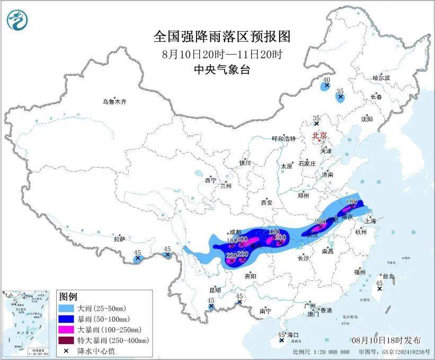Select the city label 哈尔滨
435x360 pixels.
[x=381, y=78]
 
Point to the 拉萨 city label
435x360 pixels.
[x=119, y=239]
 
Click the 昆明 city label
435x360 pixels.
[x=215, y=290]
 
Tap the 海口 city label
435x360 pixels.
[x=293, y=335]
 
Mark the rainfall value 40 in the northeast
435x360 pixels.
[x=326, y=80]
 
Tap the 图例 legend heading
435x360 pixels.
[x=68, y=296]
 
